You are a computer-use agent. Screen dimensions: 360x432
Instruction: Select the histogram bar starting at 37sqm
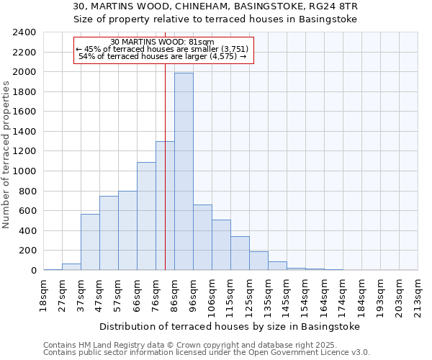tap(90, 242)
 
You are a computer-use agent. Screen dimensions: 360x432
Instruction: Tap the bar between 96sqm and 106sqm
tap(202, 238)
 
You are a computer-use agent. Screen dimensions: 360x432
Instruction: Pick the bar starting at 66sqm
tap(146, 216)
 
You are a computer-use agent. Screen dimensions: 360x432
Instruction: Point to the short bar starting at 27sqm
tap(71, 267)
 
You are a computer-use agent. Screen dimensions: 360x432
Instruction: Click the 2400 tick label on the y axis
tap(24, 32)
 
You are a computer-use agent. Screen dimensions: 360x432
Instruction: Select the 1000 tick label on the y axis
tap(24, 171)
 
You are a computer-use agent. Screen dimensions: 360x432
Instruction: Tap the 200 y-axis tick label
tap(27, 251)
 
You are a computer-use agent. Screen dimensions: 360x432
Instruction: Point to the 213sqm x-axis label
tap(418, 295)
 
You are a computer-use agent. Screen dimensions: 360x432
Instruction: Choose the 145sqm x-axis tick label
tap(287, 295)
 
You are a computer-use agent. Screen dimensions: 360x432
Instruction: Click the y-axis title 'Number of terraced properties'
tap(6, 155)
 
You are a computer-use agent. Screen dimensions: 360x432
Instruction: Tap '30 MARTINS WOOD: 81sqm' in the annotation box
tap(162, 42)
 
